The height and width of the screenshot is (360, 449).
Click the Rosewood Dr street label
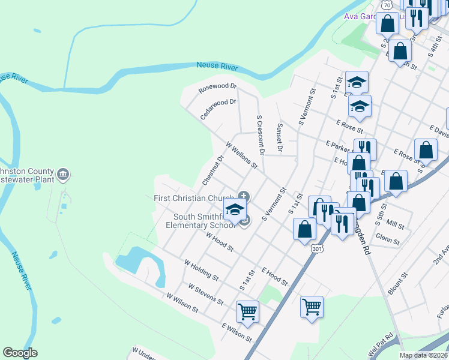point(217,89)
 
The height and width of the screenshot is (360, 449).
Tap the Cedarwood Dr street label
point(218,109)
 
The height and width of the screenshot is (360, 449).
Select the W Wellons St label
point(241,155)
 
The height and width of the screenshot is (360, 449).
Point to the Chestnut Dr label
point(213,170)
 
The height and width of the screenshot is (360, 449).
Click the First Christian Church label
point(194,199)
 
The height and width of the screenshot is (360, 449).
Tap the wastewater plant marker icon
point(64,175)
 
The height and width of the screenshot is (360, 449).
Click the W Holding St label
point(201,270)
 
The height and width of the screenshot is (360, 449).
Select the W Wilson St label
point(182,302)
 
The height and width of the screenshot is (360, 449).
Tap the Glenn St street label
point(388,240)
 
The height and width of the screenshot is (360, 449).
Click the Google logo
point(20,353)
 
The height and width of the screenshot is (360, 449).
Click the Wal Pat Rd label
point(381,344)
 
